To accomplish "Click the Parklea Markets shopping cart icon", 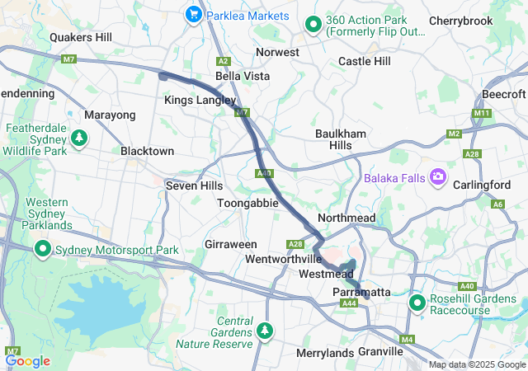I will [x=195, y=14].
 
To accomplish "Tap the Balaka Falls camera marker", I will [x=437, y=176].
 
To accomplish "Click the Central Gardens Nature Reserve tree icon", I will [x=265, y=330].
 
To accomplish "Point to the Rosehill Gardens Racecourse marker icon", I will [x=417, y=303].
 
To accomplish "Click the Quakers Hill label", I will [x=80, y=37].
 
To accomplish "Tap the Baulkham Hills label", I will [x=335, y=139].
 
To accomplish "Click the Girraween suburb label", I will [x=231, y=245].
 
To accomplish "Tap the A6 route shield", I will [x=497, y=204].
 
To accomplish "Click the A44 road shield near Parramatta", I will [x=349, y=304].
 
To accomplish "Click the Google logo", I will [x=28, y=361].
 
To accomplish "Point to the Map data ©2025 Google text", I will [x=476, y=364].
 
